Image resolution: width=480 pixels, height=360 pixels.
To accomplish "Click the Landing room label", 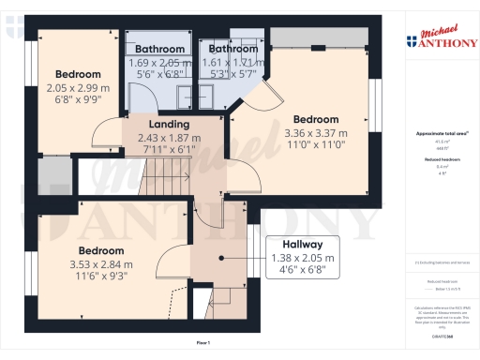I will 170,124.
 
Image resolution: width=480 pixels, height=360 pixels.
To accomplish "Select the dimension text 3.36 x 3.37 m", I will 315,133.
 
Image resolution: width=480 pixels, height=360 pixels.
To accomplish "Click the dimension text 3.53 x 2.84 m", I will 100,264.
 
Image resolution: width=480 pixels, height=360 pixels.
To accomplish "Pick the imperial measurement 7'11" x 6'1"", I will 170,149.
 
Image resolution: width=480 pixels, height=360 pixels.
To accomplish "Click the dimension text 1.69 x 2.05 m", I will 158,62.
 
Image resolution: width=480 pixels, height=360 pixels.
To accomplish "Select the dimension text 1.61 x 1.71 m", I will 233,62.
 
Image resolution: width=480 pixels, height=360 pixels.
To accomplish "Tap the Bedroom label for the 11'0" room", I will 315,120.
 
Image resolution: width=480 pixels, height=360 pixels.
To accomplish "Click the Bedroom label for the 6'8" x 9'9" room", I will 77,74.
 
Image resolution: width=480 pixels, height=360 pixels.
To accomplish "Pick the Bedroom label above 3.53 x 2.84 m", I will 100,251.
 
